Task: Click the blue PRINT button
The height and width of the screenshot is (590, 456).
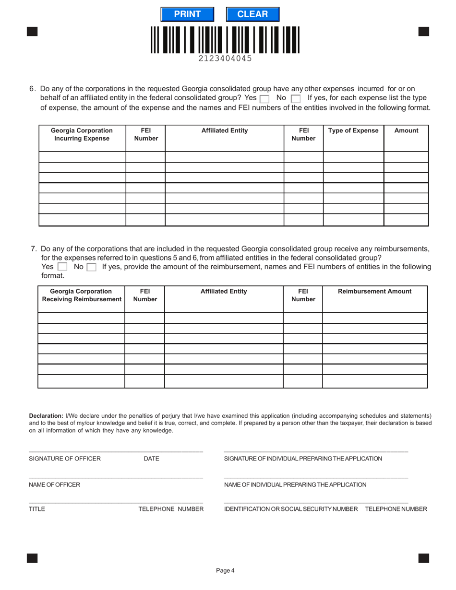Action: (x=187, y=14)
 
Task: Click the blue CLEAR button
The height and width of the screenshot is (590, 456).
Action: (x=252, y=14)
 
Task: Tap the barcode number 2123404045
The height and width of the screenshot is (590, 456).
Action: (x=225, y=59)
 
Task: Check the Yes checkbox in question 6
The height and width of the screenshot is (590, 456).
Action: (x=264, y=99)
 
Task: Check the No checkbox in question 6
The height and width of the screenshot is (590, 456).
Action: (x=296, y=99)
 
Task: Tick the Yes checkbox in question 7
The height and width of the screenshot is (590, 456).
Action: (x=62, y=267)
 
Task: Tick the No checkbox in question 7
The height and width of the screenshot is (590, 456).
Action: (x=91, y=267)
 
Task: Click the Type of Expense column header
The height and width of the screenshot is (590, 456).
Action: (x=353, y=130)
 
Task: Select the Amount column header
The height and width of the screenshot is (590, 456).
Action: (x=406, y=130)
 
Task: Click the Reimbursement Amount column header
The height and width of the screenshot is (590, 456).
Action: (x=374, y=291)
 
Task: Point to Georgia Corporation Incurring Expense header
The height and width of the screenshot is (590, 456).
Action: (x=82, y=134)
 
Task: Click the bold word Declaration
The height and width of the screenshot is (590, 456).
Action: (x=46, y=415)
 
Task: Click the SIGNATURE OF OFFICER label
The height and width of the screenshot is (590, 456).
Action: (x=65, y=459)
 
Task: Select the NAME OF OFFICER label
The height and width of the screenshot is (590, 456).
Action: (x=54, y=484)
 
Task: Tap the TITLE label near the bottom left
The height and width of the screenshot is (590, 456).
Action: (x=37, y=509)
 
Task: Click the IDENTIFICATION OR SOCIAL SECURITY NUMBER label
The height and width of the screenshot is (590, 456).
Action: (x=291, y=509)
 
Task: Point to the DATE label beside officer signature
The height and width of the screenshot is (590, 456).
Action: (x=151, y=459)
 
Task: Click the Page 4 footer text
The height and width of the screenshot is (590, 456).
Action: (x=225, y=570)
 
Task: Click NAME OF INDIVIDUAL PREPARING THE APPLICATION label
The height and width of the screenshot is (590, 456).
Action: (x=295, y=484)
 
